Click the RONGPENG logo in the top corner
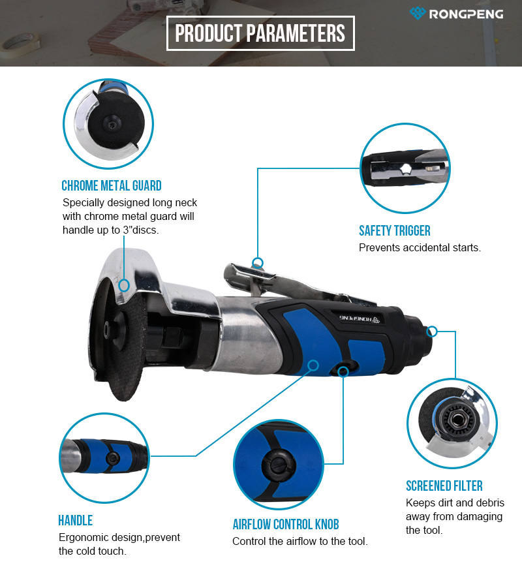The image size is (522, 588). (x=456, y=14)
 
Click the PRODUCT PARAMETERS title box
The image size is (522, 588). (x=260, y=33)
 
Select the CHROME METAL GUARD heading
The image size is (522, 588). (x=112, y=185)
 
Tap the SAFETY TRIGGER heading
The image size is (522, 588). (x=395, y=230)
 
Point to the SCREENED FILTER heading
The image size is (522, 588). (x=444, y=486)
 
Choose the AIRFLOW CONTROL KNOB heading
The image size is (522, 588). (x=286, y=524)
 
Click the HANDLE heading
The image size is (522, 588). (x=76, y=521)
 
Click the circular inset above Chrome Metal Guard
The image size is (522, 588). (x=108, y=124)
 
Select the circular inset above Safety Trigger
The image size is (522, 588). (x=405, y=168)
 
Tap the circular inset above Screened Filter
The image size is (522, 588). (x=452, y=424)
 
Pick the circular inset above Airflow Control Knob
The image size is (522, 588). (x=279, y=465)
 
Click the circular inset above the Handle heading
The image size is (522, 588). (x=104, y=458)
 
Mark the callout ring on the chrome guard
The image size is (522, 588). (x=124, y=285)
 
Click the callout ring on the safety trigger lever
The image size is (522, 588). (x=258, y=262)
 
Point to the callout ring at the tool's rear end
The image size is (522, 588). (x=432, y=331)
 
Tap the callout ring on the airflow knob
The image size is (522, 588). (x=343, y=371)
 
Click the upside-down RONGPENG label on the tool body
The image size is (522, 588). (x=360, y=318)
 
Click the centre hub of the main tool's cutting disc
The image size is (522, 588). (x=108, y=330)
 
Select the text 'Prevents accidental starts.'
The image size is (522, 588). (x=420, y=248)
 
